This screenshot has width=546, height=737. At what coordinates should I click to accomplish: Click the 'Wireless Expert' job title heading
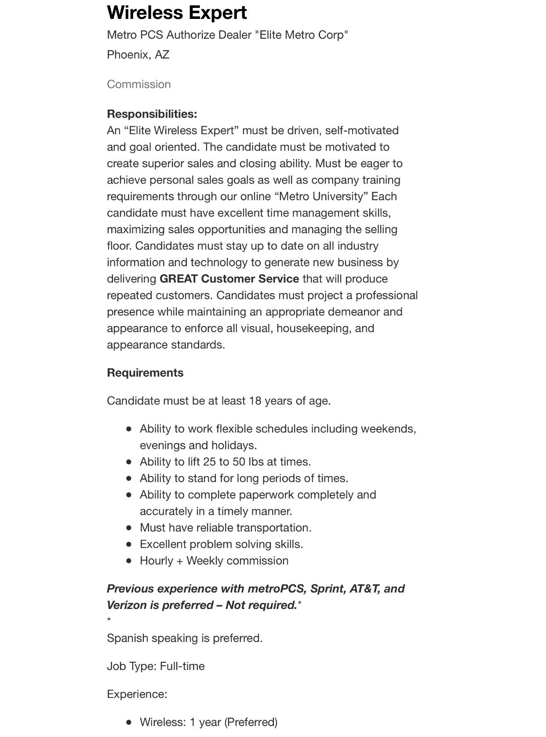click(177, 12)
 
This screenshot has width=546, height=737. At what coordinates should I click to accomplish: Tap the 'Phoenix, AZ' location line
click(138, 55)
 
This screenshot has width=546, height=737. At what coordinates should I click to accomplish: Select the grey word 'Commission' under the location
click(139, 84)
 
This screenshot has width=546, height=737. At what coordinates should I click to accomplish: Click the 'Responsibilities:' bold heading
click(152, 114)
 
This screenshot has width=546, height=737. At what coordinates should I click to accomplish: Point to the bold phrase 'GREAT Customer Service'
click(229, 279)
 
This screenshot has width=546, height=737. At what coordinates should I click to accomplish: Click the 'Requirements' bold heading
click(145, 373)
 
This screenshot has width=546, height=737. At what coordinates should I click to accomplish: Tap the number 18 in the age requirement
click(255, 401)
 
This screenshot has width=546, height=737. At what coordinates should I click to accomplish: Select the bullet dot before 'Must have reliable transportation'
click(129, 528)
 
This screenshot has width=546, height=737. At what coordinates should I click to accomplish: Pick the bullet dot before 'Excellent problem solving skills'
click(129, 544)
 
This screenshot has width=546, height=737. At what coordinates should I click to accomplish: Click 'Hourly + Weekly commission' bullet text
click(214, 561)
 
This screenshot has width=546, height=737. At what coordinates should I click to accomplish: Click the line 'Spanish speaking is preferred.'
click(185, 638)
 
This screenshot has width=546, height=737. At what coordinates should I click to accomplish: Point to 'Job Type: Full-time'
click(156, 666)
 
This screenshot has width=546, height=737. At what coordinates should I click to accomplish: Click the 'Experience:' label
click(137, 694)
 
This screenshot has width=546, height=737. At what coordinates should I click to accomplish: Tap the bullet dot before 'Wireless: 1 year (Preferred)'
click(129, 722)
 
